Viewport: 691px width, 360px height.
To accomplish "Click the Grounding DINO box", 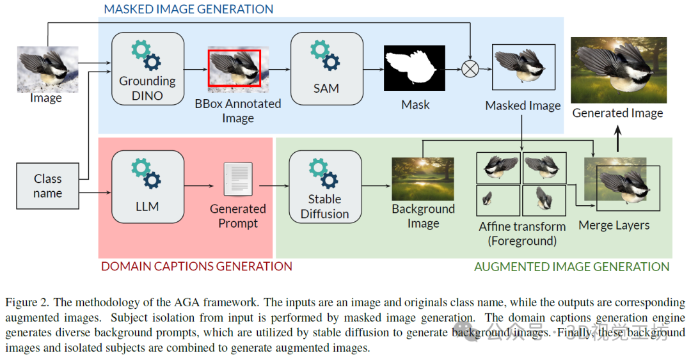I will coord(147,68).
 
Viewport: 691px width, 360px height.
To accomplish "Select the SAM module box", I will coord(326,68).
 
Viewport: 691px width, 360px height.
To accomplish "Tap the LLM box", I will coord(147,186).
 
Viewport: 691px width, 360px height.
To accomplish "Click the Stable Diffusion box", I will coord(325,186).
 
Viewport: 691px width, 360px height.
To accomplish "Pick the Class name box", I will coord(48,186).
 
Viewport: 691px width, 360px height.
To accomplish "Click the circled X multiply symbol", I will coord(470,68).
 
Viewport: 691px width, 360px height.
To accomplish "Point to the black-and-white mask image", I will coord(415,68).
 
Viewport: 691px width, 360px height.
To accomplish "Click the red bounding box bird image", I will coord(234,68).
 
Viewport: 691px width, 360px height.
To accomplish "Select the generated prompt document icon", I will coord(237,180).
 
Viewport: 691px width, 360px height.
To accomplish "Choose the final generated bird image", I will coord(618,70).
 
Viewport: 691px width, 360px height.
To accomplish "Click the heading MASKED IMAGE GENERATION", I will coord(188,9).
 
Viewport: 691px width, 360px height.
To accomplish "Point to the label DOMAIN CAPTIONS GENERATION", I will coord(196,266).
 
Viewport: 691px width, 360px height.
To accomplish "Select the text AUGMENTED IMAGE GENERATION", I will coord(571,267).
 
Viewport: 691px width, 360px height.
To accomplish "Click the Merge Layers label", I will coord(614,225).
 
